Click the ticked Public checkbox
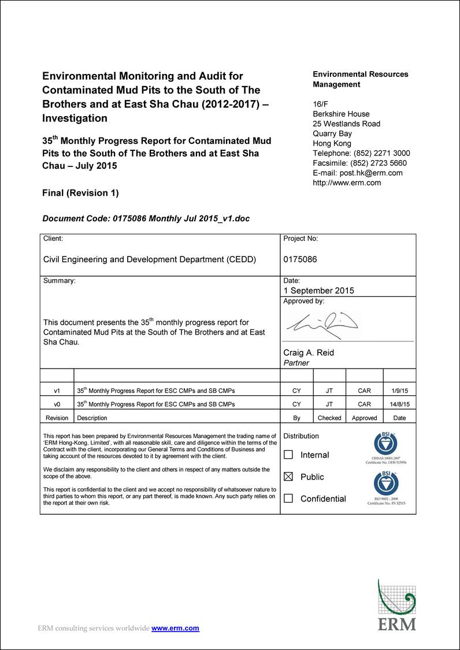(x=288, y=477)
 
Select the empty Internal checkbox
(x=288, y=455)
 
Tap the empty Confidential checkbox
(x=288, y=498)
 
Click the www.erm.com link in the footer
(x=175, y=628)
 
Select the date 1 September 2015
(x=318, y=291)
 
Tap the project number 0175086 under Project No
(x=300, y=259)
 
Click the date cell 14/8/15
(x=399, y=404)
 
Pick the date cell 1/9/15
(x=399, y=391)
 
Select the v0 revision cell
(x=57, y=404)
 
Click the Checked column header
(x=329, y=418)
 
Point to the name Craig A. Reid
(x=309, y=352)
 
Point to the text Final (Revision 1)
(x=80, y=193)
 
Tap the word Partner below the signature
(x=296, y=363)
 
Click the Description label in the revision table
(x=92, y=418)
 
